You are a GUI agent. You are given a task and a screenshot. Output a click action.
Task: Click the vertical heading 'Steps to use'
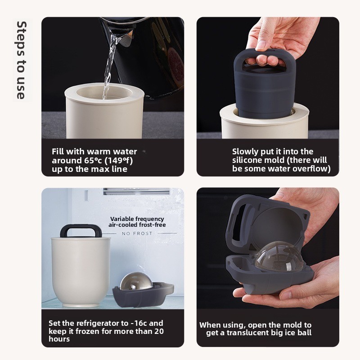pyautogui.click(x=22, y=60)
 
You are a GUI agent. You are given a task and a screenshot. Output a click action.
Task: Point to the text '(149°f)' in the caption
pyautogui.click(x=119, y=161)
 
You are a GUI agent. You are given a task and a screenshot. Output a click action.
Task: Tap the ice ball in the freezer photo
pyautogui.click(x=136, y=281)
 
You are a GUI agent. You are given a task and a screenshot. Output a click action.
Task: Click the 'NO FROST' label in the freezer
pyautogui.click(x=137, y=234)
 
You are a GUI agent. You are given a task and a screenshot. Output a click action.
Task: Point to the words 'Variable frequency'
pyautogui.click(x=137, y=219)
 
